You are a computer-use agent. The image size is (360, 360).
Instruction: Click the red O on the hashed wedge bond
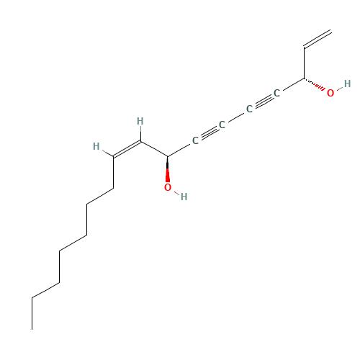[x=330, y=93]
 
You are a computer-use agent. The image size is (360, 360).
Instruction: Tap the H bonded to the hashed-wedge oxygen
[x=347, y=84]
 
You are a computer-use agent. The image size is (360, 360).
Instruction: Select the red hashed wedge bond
[x=314, y=84]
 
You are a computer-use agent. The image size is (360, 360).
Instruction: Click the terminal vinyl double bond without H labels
[x=318, y=39]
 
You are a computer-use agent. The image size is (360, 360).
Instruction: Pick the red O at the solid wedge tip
[x=168, y=187]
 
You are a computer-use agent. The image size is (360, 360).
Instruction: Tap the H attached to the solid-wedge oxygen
[x=184, y=197]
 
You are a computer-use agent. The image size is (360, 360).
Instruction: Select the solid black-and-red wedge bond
[x=168, y=169]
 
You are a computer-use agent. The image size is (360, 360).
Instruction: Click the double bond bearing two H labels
[x=127, y=149]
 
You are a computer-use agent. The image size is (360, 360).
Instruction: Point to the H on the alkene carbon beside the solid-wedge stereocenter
[x=140, y=121]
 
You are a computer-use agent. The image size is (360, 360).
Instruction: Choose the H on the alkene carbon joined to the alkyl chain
[x=96, y=146]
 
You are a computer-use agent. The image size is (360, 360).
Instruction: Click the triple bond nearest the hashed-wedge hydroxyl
[x=263, y=101]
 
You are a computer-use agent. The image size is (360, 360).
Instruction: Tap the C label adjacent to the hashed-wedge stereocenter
[x=276, y=93]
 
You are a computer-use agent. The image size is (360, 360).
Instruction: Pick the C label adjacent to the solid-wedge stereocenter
[x=195, y=140]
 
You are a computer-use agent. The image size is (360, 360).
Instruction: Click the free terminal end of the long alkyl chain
[x=32, y=330]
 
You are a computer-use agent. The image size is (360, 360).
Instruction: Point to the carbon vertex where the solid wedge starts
[x=168, y=157]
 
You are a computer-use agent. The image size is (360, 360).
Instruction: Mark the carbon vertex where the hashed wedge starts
[x=304, y=78]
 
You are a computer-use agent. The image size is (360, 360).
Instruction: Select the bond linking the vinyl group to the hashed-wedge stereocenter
[x=304, y=63]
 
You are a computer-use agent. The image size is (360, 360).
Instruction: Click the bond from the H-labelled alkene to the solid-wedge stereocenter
[x=154, y=149]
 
